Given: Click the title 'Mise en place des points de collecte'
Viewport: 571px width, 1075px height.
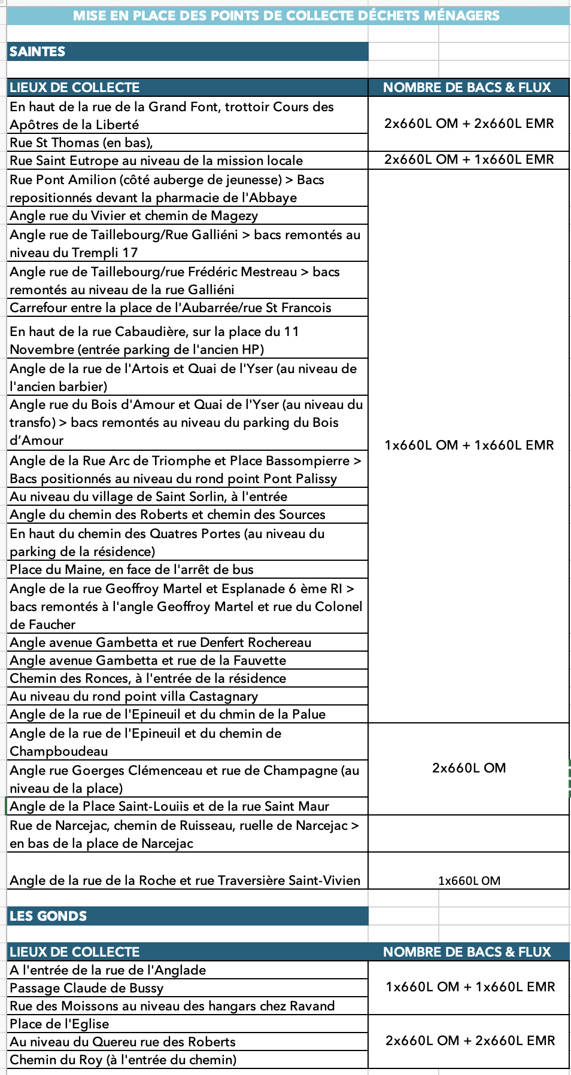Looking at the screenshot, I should tap(286, 16).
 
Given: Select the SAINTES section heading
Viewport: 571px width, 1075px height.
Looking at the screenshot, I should tap(37, 51).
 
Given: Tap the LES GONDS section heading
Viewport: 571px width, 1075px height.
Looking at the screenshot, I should tap(48, 916).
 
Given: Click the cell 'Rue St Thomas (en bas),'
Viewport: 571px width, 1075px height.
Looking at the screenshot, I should tap(81, 142).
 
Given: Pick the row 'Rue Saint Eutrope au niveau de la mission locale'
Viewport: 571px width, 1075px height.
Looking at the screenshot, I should tap(156, 160).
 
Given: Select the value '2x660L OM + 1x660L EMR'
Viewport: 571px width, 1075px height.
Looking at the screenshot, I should tap(469, 160).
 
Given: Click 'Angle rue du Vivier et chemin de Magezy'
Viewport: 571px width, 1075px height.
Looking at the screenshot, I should tap(133, 215).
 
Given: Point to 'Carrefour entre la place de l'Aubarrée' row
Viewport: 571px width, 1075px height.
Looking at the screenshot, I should tap(170, 307).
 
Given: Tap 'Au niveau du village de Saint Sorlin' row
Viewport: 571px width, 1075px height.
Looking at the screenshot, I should tap(148, 496).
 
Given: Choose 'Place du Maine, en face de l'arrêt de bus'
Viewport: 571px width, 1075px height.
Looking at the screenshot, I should tap(131, 569).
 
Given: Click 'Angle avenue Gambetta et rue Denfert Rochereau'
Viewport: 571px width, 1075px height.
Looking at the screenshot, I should tap(160, 642).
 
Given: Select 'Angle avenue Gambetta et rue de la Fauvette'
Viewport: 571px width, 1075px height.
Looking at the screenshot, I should tap(148, 660).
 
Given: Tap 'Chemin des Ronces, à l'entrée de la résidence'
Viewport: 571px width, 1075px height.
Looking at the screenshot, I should tap(148, 678).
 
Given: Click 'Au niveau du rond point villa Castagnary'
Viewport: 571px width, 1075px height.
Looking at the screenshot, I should tap(133, 696).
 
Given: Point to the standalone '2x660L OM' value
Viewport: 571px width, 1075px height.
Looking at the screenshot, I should tap(469, 768).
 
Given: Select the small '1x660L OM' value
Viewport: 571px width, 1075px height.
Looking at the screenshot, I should tap(469, 880).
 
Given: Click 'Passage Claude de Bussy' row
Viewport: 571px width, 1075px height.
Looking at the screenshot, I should tap(86, 988).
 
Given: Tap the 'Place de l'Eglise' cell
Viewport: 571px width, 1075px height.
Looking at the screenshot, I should tap(59, 1024).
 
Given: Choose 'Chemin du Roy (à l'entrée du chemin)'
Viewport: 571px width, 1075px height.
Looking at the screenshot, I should tap(123, 1059).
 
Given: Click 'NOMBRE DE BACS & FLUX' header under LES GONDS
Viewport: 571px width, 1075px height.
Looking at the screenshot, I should tap(466, 952).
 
